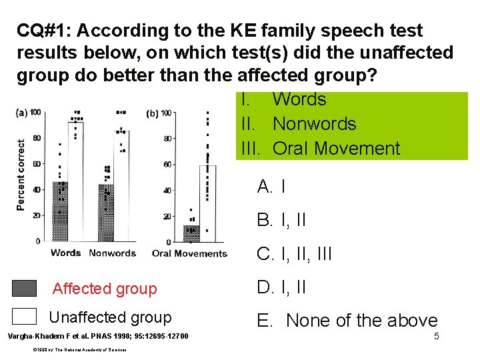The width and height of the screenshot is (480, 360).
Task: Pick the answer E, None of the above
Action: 347,321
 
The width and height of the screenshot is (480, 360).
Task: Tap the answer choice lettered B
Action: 281,220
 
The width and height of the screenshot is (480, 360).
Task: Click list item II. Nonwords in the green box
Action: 299,124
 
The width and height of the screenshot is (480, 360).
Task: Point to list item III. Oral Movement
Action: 319,149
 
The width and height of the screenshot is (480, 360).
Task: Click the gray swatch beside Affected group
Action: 25,288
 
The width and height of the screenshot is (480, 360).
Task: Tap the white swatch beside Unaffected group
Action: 25,317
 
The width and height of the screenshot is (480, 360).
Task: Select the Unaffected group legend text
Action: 111,318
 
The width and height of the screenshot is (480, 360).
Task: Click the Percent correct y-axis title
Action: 21,175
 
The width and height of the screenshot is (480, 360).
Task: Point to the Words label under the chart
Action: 65,253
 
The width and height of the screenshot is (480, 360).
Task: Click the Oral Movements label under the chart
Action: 189,253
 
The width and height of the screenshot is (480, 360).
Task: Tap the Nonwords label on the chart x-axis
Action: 112,253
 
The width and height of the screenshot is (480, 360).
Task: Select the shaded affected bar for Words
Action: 61,210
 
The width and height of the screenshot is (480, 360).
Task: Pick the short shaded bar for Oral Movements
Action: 191,233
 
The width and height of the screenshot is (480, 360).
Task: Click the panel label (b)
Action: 153,113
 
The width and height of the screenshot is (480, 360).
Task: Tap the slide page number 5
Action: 436,337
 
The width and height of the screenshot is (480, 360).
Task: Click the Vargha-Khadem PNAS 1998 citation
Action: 97,335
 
